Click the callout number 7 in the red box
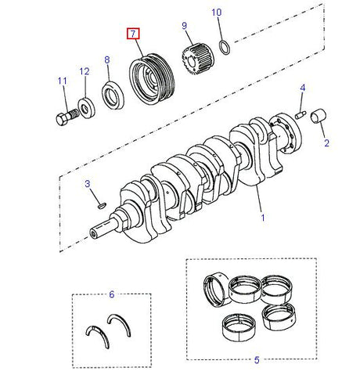coord(135,34)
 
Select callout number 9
coord(185,26)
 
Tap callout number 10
coord(217,13)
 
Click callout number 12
coord(84,72)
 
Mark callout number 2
coord(326,142)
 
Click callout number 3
coord(88,183)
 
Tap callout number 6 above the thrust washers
coord(112,294)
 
